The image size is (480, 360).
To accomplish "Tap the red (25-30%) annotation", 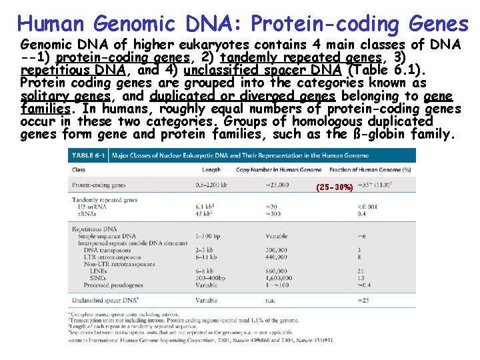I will click(335, 188).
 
